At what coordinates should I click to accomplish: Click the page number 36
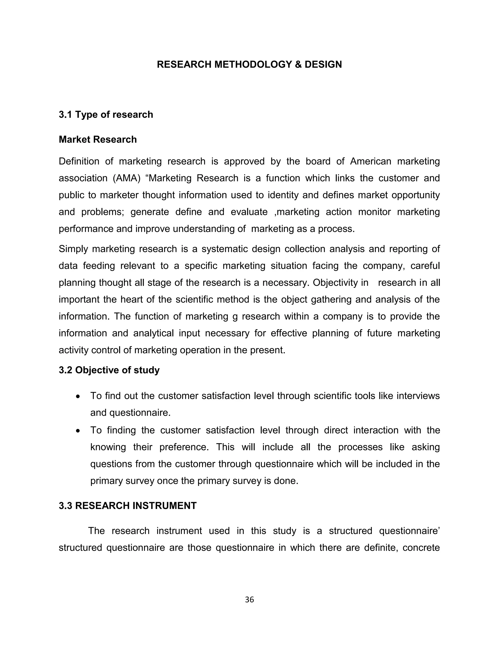coord(249,599)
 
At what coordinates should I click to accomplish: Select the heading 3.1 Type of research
coord(106,115)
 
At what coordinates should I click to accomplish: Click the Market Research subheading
coord(97,139)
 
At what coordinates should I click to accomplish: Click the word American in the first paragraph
coord(370,161)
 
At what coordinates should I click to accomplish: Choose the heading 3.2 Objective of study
coord(109,370)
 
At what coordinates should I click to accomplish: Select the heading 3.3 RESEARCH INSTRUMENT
coord(127,506)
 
